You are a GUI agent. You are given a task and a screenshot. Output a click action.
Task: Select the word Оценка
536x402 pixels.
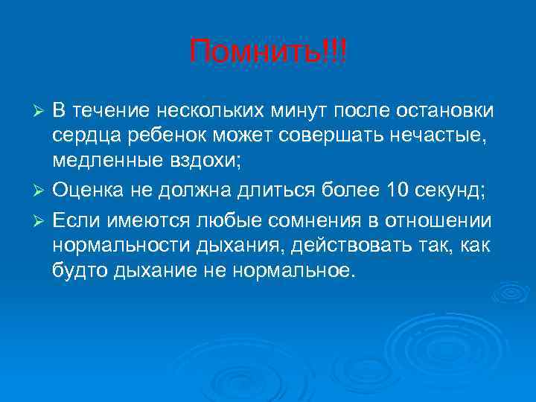tap(89, 191)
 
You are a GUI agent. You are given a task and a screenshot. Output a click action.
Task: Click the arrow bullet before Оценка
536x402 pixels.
tap(42, 191)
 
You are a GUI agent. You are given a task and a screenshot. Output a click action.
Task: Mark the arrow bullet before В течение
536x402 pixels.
tap(42, 112)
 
